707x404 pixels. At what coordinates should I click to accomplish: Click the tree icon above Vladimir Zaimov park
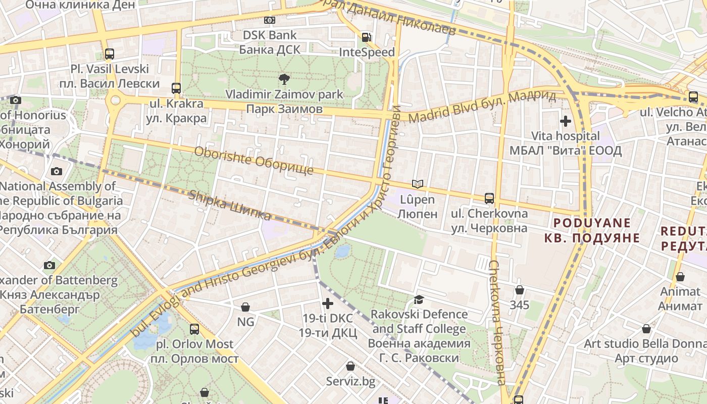click(284, 79)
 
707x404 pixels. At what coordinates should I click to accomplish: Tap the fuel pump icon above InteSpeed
click(366, 37)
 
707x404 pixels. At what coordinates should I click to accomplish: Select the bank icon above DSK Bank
click(270, 20)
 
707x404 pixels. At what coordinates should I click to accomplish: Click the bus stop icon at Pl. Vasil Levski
click(110, 54)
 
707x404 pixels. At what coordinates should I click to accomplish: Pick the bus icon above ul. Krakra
click(176, 88)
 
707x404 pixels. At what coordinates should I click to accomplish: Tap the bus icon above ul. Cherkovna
click(489, 198)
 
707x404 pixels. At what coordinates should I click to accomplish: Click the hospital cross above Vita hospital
click(566, 121)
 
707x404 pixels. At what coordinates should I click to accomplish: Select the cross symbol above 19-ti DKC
click(328, 304)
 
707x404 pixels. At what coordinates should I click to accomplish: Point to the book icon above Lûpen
click(417, 184)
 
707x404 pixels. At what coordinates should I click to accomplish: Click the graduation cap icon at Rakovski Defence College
click(419, 300)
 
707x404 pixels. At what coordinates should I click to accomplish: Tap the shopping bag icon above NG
click(245, 307)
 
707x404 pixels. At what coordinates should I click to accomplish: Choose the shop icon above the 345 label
click(519, 290)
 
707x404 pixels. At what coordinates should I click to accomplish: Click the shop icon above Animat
click(680, 277)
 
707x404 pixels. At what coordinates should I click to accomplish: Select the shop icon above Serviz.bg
click(350, 366)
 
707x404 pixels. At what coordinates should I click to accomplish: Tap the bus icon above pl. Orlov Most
click(194, 329)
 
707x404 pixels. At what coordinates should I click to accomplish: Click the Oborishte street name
click(254, 161)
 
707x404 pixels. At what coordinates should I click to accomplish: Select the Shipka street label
click(230, 206)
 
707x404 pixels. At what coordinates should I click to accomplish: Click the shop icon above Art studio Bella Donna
click(646, 329)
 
